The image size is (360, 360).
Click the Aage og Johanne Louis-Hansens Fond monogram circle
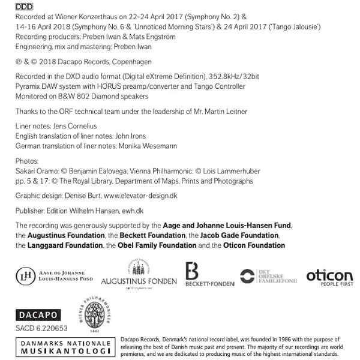click(25, 275)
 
